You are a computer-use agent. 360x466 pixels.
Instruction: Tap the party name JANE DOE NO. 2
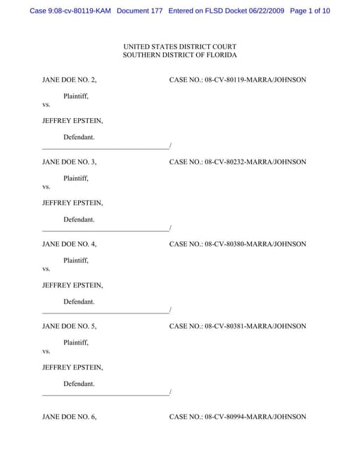[70, 80]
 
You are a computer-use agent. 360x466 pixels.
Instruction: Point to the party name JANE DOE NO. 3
[70, 162]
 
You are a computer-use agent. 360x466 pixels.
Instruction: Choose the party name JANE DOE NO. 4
[70, 244]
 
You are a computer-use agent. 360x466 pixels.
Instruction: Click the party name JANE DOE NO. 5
[70, 326]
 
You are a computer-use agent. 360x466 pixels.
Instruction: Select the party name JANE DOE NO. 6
[70, 417]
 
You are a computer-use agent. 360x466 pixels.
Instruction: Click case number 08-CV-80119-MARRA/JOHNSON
[255, 80]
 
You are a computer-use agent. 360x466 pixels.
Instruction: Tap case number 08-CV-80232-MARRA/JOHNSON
[255, 162]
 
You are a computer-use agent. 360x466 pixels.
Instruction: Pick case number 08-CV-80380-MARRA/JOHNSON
[255, 244]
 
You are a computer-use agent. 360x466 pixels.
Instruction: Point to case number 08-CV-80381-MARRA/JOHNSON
[255, 326]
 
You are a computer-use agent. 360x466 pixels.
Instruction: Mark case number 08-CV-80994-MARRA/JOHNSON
[255, 417]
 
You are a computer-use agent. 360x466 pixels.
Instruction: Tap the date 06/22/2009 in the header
[260, 11]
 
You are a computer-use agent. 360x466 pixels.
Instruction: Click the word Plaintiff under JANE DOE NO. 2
[76, 96]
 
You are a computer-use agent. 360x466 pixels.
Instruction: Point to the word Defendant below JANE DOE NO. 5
[79, 384]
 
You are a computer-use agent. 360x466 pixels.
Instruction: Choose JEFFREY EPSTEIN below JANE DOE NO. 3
[72, 203]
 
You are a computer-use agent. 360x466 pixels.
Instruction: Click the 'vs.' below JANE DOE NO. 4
[46, 269]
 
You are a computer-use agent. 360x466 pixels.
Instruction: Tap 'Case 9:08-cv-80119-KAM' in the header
[70, 11]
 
